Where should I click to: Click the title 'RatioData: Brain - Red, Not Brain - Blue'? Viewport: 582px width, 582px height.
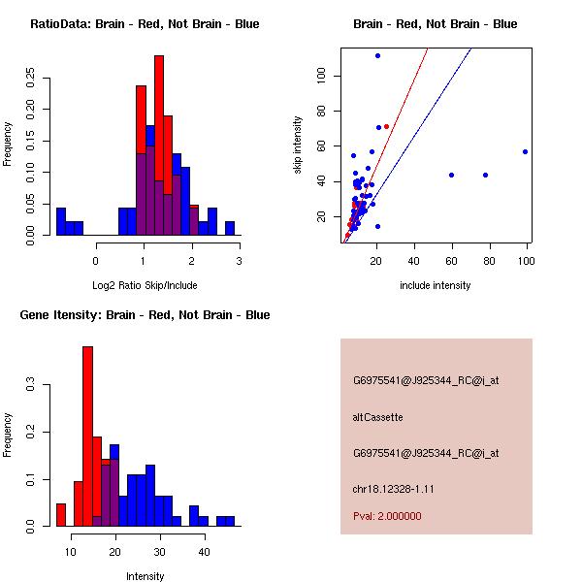tap(145, 24)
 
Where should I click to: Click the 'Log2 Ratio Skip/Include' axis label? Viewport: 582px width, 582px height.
tap(144, 284)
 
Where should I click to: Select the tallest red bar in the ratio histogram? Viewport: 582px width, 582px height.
tap(158, 116)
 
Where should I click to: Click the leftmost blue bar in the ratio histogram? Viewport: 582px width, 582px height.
tap(61, 221)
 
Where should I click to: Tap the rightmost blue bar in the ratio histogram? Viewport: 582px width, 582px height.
tap(230, 228)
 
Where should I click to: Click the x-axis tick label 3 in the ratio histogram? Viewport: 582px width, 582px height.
tap(239, 260)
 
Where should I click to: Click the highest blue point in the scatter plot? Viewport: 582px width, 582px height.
tap(377, 55)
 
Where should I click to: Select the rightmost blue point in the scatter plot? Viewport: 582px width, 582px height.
tap(525, 151)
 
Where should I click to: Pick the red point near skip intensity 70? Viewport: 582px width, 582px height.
tap(387, 127)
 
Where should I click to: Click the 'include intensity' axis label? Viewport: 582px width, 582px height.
tap(435, 285)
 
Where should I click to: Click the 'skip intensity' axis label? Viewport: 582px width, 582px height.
tap(299, 145)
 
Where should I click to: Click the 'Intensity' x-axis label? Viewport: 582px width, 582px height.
tap(145, 576)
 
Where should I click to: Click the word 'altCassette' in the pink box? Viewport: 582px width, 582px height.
tap(378, 417)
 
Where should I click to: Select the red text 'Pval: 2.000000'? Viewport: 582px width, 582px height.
tap(388, 516)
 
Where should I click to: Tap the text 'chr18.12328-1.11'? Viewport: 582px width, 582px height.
tap(393, 489)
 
